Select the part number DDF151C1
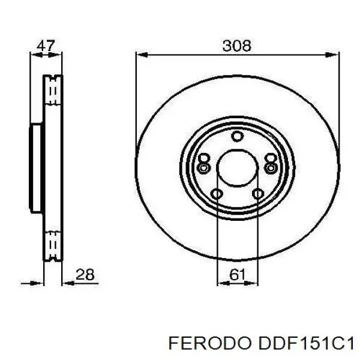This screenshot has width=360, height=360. (305, 343)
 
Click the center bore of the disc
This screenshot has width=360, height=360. (238, 166)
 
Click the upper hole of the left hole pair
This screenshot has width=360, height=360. (204, 158)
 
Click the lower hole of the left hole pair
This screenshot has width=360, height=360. (204, 167)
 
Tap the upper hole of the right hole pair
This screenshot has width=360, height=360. (271, 158)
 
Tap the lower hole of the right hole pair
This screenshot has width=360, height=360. (271, 167)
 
